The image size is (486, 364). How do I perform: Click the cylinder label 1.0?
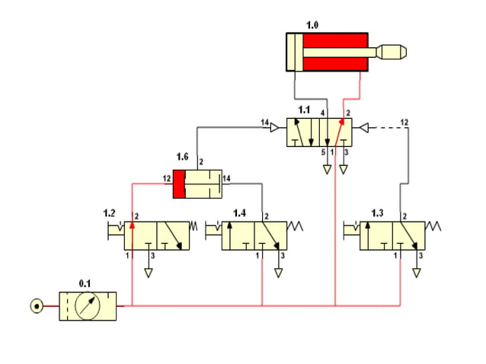pyautogui.click(x=312, y=25)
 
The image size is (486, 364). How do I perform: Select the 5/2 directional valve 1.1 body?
pyautogui.click(x=319, y=133)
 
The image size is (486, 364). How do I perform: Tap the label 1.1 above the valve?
pyautogui.click(x=304, y=110)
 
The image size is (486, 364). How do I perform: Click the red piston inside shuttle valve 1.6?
pyautogui.click(x=179, y=184)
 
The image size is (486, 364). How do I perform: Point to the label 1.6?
pyautogui.click(x=182, y=157)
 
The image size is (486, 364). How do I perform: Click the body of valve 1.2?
pyautogui.click(x=158, y=235)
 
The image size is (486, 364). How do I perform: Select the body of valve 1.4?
pyautogui.click(x=254, y=235)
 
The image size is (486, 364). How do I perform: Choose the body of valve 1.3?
pyautogui.click(x=392, y=235)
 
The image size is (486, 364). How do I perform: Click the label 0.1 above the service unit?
pyautogui.click(x=85, y=283)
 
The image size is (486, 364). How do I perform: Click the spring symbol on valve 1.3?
pyautogui.click(x=434, y=227)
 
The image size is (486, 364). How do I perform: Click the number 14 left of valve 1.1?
pyautogui.click(x=265, y=123)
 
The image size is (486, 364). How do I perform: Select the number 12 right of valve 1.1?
pyautogui.click(x=404, y=123)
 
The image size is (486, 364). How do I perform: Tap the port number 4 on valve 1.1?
pyautogui.click(x=323, y=113)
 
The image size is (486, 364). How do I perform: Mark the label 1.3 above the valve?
pyautogui.click(x=377, y=212)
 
